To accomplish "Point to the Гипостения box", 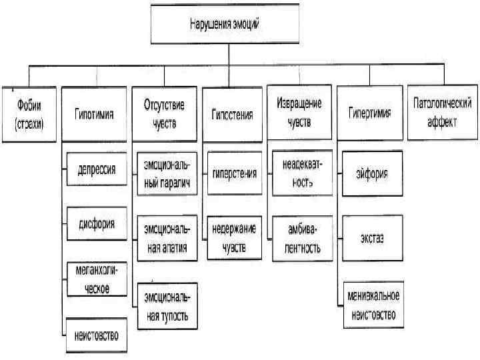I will pyautogui.click(x=233, y=114).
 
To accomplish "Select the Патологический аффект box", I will pyautogui.click(x=442, y=112).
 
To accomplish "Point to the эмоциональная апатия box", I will pyautogui.click(x=166, y=239).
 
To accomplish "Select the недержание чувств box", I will pyautogui.click(x=233, y=238).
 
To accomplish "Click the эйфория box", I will pyautogui.click(x=371, y=173).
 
